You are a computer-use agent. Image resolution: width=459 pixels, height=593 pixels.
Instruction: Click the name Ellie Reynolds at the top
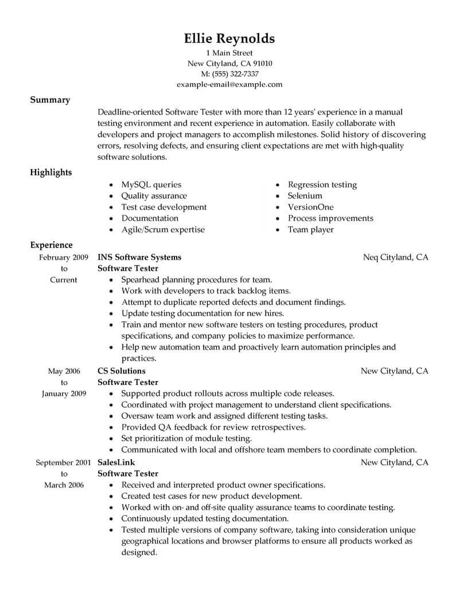pos(229,38)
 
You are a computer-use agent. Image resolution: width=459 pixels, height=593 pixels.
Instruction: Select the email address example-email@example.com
pos(229,84)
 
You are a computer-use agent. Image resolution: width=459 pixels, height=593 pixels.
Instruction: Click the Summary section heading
pos(50,100)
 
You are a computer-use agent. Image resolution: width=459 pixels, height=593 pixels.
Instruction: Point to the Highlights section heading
pos(51,172)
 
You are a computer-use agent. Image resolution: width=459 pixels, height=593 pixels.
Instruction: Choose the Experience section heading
pos(51,245)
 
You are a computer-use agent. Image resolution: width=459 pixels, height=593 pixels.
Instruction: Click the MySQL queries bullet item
pos(151,184)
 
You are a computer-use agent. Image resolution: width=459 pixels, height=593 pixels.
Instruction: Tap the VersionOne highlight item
pos(310,207)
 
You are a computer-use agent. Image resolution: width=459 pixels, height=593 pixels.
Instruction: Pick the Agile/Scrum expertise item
pos(163,229)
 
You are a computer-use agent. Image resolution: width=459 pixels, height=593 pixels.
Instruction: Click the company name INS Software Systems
pos(139,257)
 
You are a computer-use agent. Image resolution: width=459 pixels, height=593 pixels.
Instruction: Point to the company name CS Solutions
pos(121,371)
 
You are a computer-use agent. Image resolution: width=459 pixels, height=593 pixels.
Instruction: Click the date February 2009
pos(64,257)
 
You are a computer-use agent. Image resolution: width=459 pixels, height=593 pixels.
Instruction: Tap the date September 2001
pos(64,462)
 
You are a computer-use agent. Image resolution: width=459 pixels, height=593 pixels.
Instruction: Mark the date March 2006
pos(64,485)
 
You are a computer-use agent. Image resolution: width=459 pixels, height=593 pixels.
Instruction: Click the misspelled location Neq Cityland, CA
pos(396,257)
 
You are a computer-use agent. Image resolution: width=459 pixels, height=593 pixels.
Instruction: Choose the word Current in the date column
pos(64,280)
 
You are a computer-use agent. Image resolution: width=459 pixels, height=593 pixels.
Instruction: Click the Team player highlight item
pos(310,229)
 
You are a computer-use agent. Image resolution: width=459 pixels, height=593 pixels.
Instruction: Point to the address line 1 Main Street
pos(229,53)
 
